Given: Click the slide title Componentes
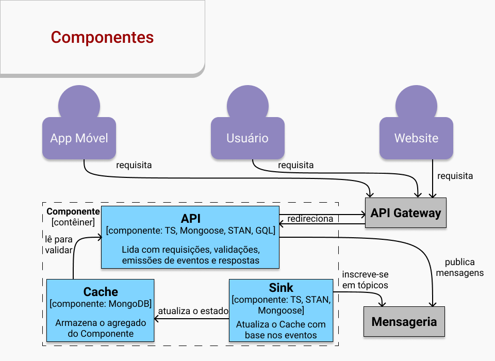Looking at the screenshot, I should tap(102, 38).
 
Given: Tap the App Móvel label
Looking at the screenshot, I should tap(79, 138).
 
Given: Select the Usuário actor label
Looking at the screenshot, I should tap(247, 138).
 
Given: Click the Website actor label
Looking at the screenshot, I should tap(416, 138).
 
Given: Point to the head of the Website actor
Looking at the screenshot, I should tap(416, 103).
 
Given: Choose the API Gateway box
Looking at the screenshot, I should tap(406, 213).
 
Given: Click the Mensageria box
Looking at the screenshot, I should tap(404, 322).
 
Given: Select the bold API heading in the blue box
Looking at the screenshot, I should tap(191, 218).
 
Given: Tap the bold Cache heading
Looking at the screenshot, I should tap(101, 291).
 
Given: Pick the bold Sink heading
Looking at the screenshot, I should tap(281, 288).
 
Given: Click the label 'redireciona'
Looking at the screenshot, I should tap(310, 219).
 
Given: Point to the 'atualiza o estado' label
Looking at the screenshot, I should tap(193, 311).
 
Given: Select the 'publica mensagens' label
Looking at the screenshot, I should tap(459, 268).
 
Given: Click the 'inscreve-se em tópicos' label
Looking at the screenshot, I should tap(365, 280).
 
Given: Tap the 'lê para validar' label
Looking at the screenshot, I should tap(58, 244).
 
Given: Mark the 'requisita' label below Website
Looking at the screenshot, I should tap(455, 176).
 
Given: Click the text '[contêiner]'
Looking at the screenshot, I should tap(73, 222).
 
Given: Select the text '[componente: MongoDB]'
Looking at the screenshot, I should tap(101, 304).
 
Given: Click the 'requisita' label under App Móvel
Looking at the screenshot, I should tap(134, 166).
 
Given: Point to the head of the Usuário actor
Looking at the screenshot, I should tap(247, 103).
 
